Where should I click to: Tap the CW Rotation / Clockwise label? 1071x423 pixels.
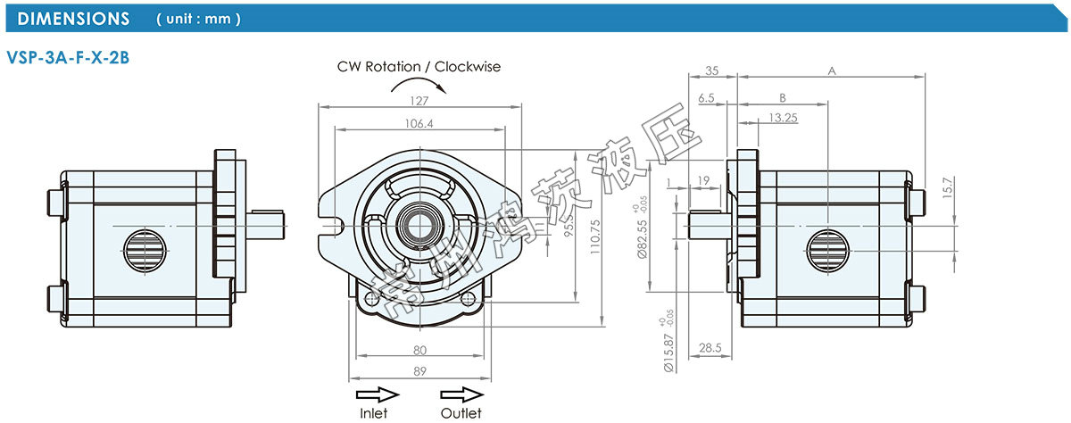(x=419, y=66)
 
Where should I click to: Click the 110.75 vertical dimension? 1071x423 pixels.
(x=595, y=237)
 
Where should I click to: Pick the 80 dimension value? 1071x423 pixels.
(x=419, y=349)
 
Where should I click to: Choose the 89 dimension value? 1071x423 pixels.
(x=419, y=371)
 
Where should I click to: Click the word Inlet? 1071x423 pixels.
(x=373, y=412)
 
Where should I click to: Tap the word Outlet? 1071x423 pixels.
(x=461, y=412)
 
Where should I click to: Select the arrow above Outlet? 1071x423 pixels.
(x=461, y=394)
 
